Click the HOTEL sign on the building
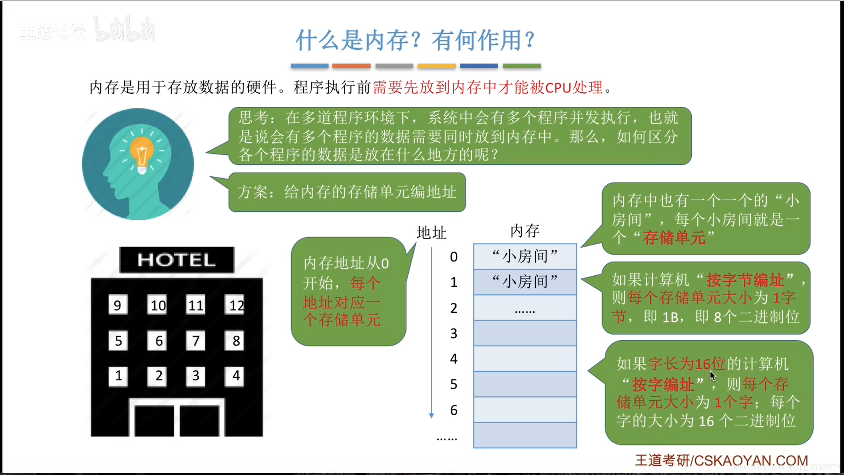pos(176,259)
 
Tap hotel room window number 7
pos(196,340)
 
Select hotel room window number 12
pos(236,305)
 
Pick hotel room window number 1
pos(118,376)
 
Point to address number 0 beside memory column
pos(454,257)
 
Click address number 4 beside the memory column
pos(454,359)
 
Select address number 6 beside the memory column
pos(454,410)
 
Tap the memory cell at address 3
pos(525,333)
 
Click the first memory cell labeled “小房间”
pos(525,256)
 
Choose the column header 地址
pos(431,232)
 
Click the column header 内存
pos(525,230)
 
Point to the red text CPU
pos(558,88)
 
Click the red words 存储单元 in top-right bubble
pos(674,238)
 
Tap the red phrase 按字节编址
pos(745,280)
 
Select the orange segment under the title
pos(351,66)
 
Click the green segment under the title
pos(522,66)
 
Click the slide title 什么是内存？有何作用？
pos(415,40)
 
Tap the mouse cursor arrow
pos(712,375)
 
